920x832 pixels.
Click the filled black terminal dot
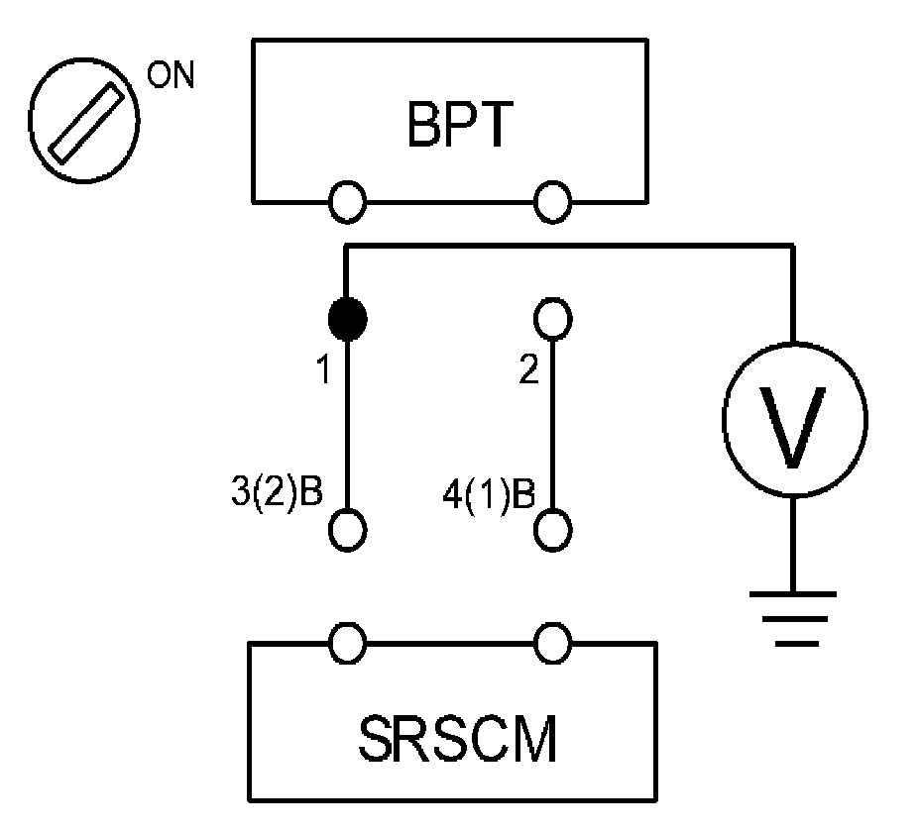[347, 319]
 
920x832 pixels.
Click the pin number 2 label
[530, 371]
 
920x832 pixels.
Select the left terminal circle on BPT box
[347, 203]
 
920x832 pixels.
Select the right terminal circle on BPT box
[552, 203]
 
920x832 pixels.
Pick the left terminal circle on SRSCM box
[347, 644]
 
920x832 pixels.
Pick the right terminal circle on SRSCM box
[552, 644]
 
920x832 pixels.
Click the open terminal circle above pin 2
[552, 319]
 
